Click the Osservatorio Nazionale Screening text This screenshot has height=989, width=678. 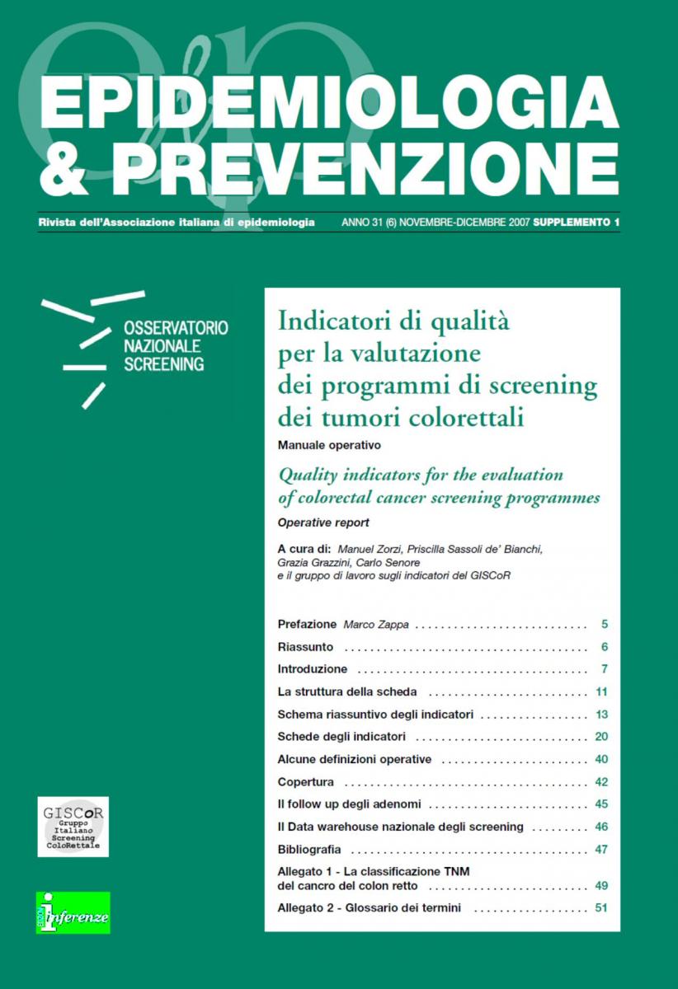(x=176, y=345)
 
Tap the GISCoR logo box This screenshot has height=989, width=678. (x=73, y=826)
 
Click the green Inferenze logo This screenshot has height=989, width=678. (x=73, y=912)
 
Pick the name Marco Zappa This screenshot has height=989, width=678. (x=376, y=625)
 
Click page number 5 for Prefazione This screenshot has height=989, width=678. (x=605, y=625)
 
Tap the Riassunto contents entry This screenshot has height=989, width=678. (x=306, y=647)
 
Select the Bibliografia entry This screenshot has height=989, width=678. (x=309, y=849)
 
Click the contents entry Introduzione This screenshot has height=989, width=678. (x=313, y=668)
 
